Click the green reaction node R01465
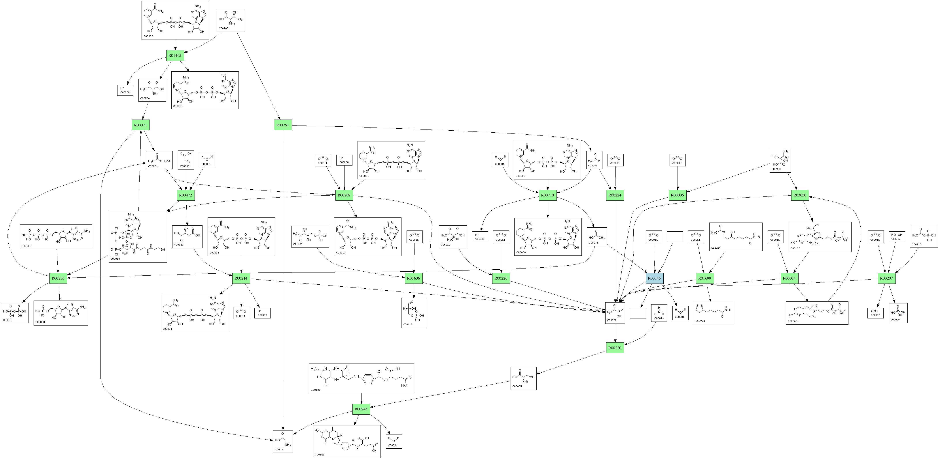tap(175, 55)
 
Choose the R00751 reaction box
tap(283, 125)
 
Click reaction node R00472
tap(186, 195)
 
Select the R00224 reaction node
tap(615, 195)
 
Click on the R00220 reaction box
tap(615, 348)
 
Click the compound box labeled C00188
tap(231, 20)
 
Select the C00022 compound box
tap(615, 313)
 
